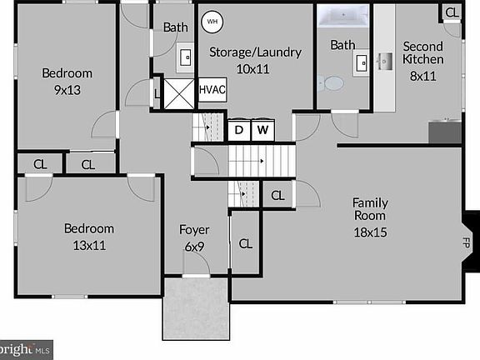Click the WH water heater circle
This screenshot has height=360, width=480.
[212, 22]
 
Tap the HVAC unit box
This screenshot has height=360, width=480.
[212, 90]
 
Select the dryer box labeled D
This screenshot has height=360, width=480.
[239, 130]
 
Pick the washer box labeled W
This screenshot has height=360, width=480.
[262, 130]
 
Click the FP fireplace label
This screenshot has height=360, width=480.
[466, 242]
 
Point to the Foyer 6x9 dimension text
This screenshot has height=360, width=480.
[194, 247]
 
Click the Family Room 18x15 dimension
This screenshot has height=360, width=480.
[370, 232]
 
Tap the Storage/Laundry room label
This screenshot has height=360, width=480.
[255, 52]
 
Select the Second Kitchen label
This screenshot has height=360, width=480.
[423, 52]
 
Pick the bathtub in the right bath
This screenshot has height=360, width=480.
[342, 16]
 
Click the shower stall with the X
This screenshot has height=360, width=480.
[179, 94]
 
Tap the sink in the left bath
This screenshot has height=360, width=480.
[186, 57]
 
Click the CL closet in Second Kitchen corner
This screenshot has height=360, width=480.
[452, 12]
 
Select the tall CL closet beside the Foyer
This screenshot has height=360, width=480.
[246, 243]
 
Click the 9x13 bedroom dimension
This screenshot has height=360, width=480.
[67, 90]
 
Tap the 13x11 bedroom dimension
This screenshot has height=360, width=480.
[89, 246]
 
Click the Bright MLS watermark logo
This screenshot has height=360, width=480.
[26, 350]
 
